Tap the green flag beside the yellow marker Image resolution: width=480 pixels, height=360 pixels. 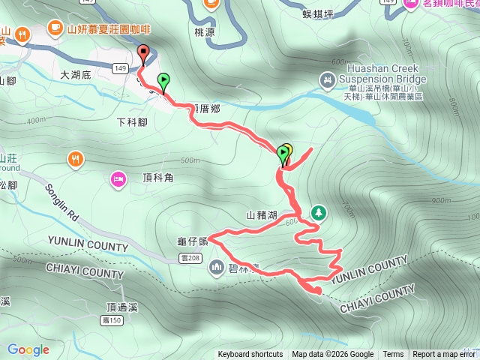click(283, 155)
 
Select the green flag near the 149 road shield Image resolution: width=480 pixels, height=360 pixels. click(163, 79)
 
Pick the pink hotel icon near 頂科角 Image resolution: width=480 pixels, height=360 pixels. click(118, 178)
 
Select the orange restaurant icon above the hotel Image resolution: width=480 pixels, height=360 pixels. click(75, 158)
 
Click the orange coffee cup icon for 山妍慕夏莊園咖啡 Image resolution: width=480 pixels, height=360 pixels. click(54, 28)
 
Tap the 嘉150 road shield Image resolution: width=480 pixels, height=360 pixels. click(112, 320)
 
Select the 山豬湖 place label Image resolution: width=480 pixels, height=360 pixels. click(261, 215)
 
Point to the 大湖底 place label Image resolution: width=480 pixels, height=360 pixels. click(76, 75)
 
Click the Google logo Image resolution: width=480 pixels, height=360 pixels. click(28, 349)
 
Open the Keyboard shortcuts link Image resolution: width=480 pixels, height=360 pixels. click(250, 355)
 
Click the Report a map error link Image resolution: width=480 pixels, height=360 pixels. click(443, 355)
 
